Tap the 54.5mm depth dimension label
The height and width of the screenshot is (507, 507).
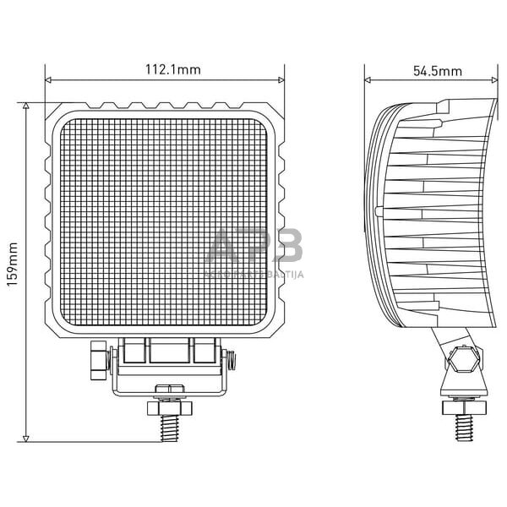[437, 70]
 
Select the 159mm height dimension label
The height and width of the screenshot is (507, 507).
[12, 264]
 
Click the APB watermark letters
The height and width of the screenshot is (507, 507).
[253, 249]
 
